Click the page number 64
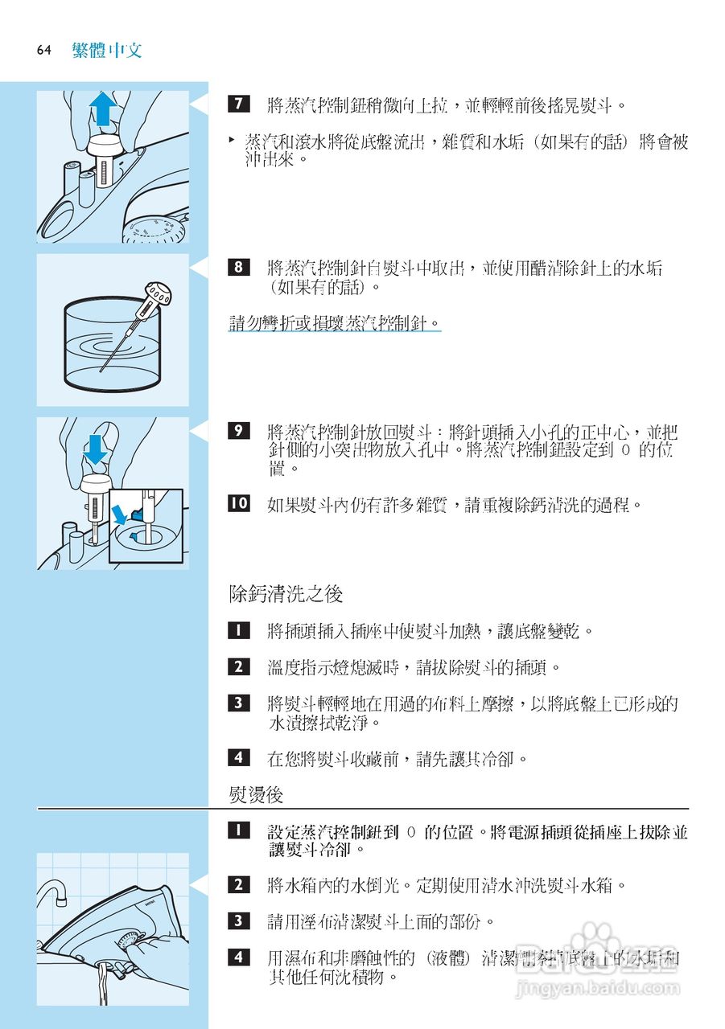[x=43, y=51]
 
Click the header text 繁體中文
[x=106, y=50]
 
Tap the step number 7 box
[x=238, y=105]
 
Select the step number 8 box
[x=238, y=268]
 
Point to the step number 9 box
[x=238, y=431]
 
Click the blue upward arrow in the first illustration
[x=102, y=108]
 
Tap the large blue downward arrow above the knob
[x=96, y=449]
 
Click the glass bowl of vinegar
[x=113, y=346]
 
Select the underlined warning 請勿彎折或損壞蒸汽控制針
[x=334, y=323]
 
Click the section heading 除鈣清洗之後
[x=286, y=594]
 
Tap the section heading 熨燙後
[x=256, y=795]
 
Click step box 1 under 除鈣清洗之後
[x=238, y=630]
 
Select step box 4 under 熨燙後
[x=238, y=957]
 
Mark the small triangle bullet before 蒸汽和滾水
[x=232, y=140]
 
